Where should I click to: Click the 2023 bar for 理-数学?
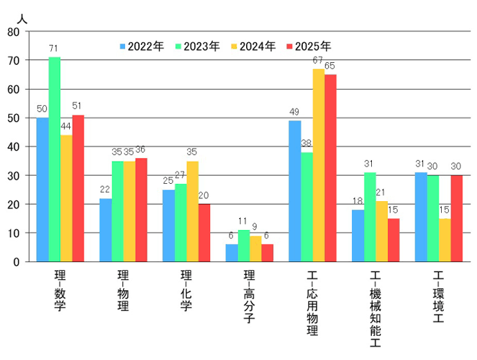click(x=55, y=160)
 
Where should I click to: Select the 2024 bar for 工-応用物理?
click(x=318, y=165)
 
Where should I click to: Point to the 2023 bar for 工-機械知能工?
click(x=370, y=217)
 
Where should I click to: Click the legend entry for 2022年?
click(x=142, y=47)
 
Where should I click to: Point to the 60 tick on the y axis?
click(x=15, y=89)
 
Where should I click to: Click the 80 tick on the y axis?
click(x=15, y=32)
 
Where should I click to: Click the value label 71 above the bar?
click(x=54, y=48)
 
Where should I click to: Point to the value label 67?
click(x=318, y=61)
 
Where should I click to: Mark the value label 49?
click(x=294, y=113)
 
